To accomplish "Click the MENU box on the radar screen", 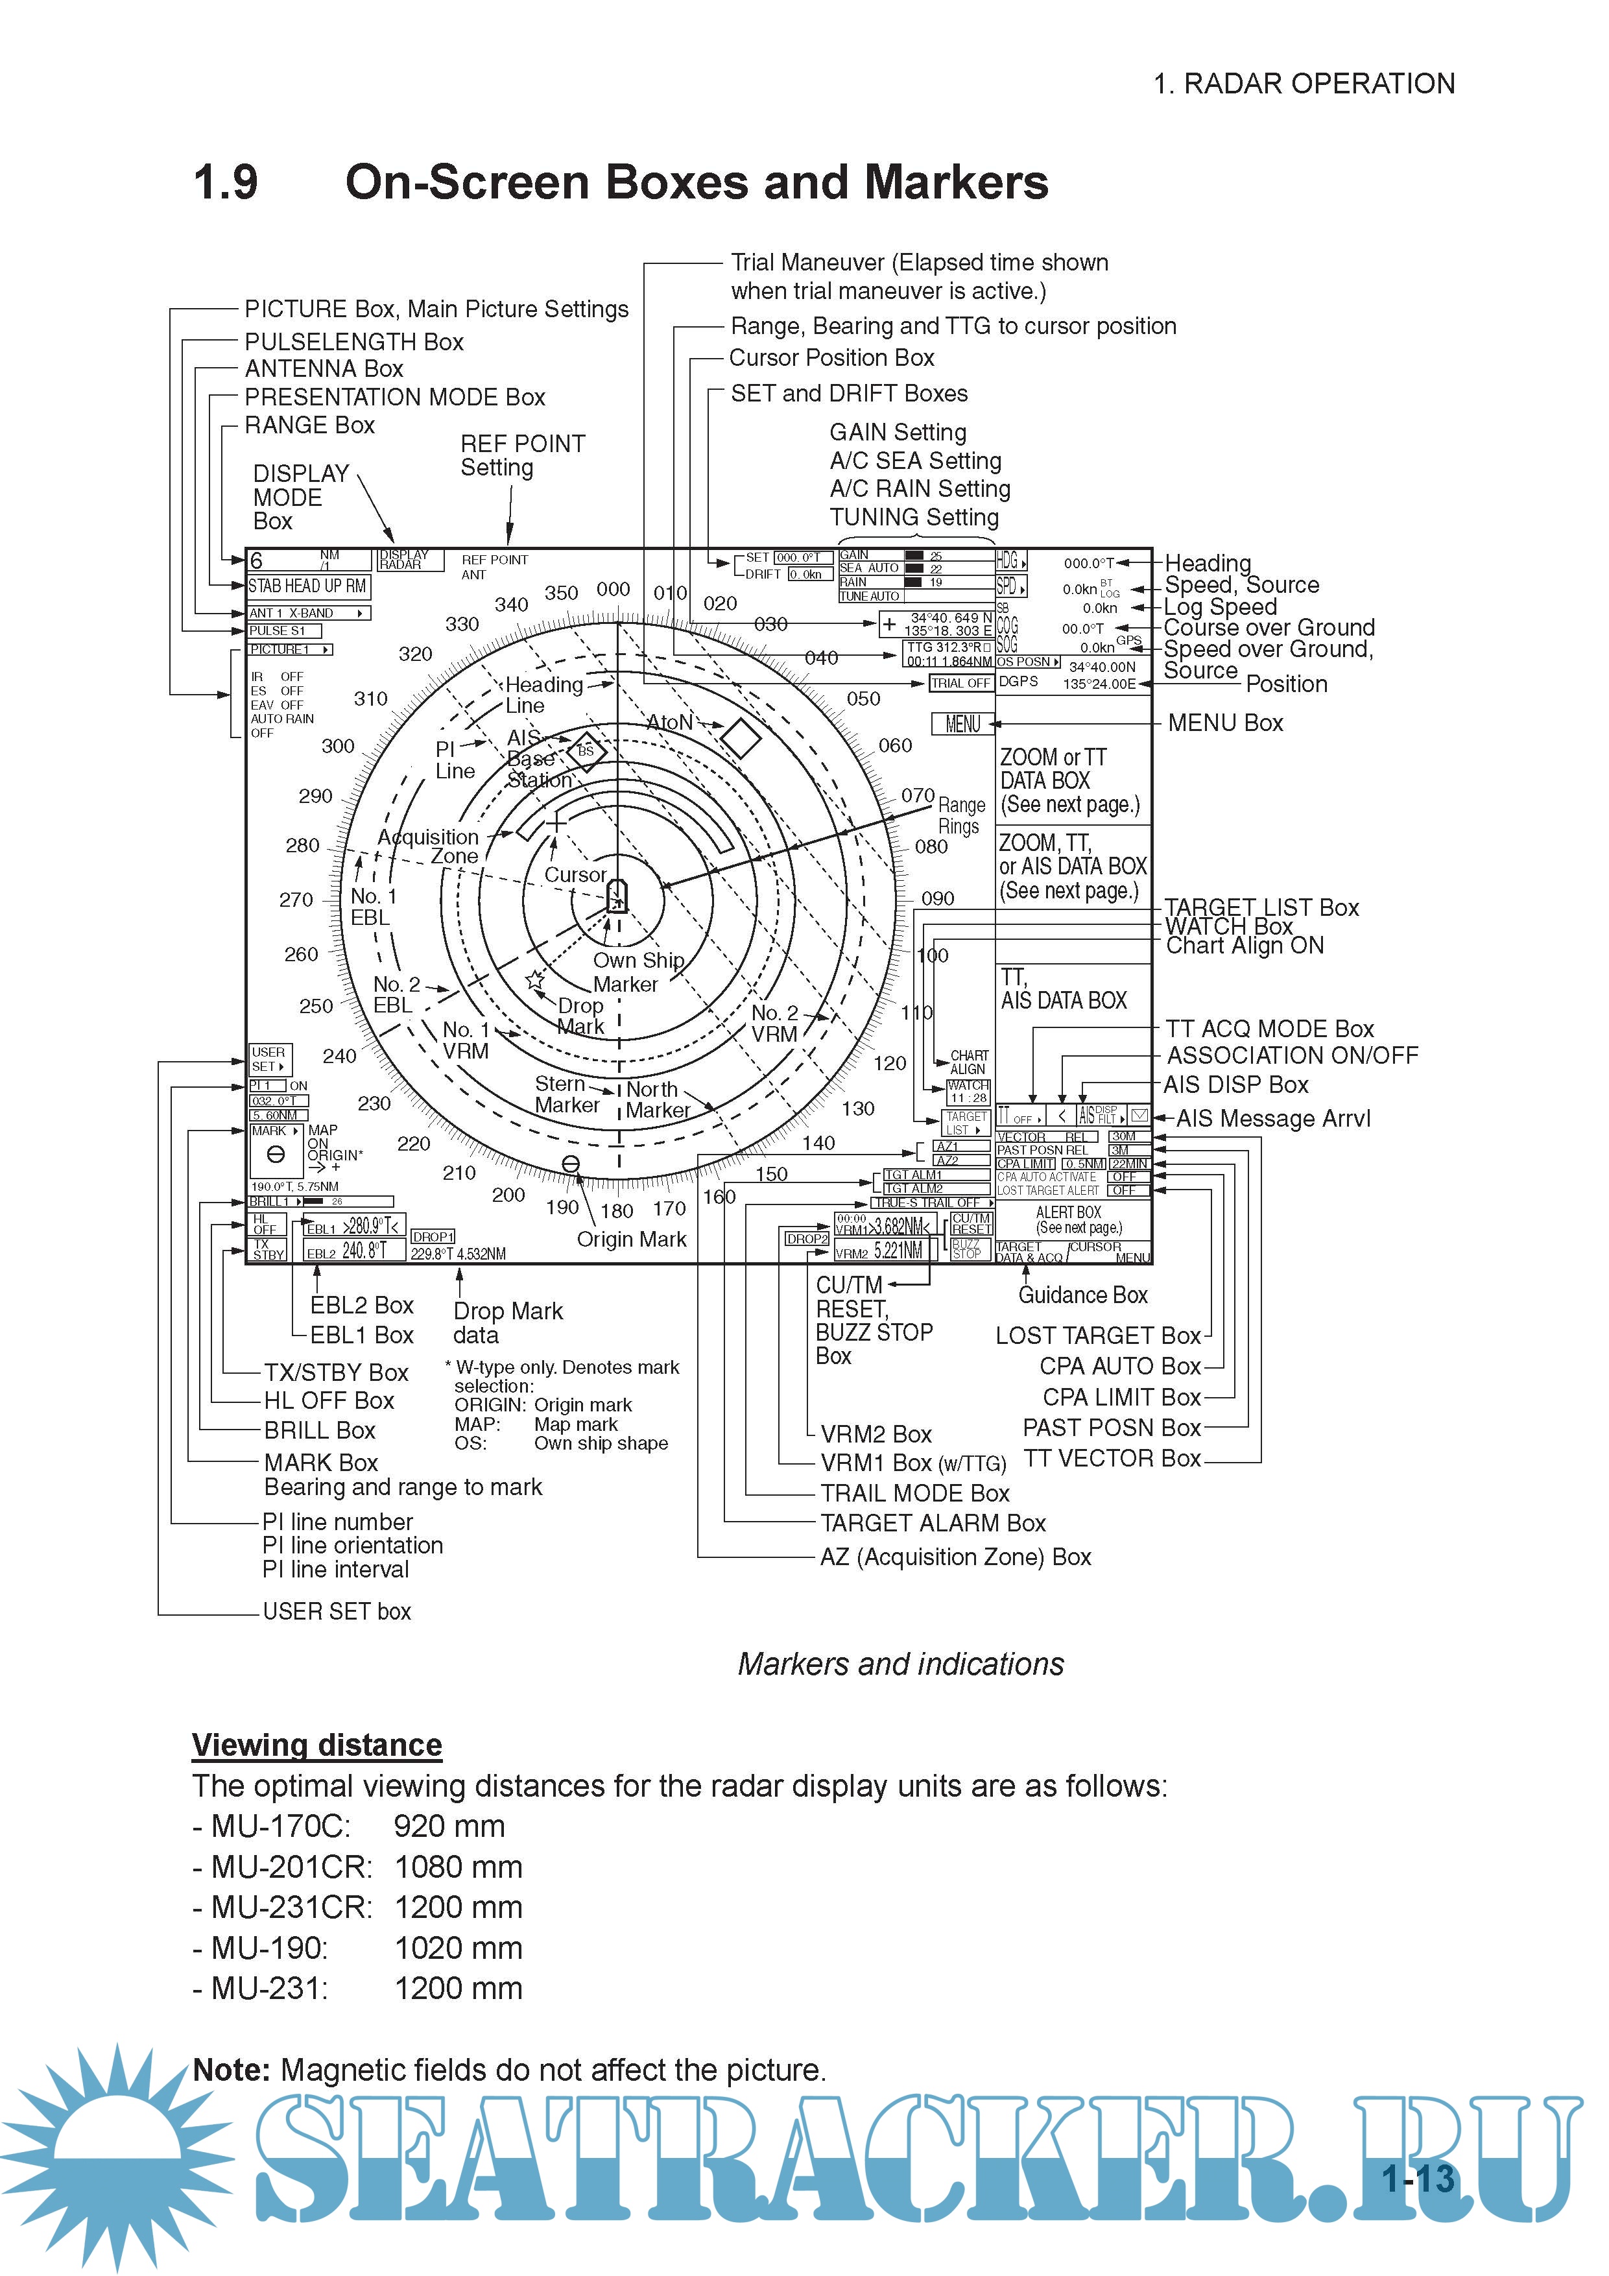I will [962, 725].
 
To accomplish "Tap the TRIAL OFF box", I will [960, 683].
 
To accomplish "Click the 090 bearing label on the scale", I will [937, 898].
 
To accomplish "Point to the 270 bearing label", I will [296, 900].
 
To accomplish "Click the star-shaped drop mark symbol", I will [535, 980].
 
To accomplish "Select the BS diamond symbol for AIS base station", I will [586, 752].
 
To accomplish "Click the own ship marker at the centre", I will [617, 895].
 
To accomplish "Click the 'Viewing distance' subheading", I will [317, 1745].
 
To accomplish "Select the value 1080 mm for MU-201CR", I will [458, 1867].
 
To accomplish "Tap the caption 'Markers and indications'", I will [900, 1664].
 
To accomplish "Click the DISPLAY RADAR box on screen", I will [403, 560].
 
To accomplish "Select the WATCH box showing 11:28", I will [966, 1092].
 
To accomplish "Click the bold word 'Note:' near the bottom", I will [231, 2070].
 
